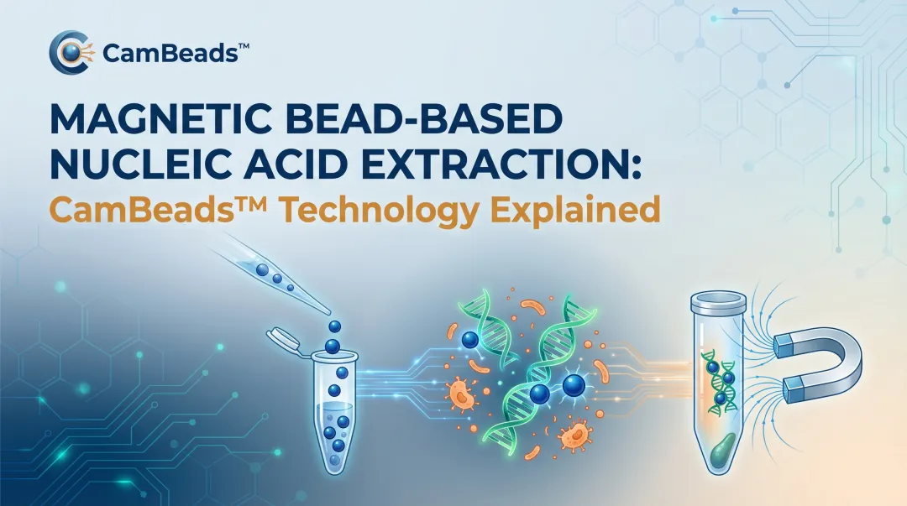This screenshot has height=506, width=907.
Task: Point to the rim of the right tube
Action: click(x=717, y=299)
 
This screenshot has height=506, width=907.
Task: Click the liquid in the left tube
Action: click(x=336, y=428)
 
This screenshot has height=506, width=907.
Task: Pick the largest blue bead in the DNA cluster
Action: click(x=574, y=385)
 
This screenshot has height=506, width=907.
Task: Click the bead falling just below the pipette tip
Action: click(x=334, y=326)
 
